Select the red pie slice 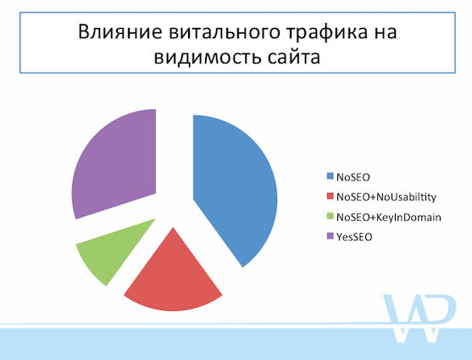[x=173, y=280]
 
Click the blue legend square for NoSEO [x=330, y=176]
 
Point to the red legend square [x=330, y=197]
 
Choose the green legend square [x=330, y=216]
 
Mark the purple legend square [x=330, y=236]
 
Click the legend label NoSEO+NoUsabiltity [x=386, y=197]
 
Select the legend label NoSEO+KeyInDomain [x=389, y=217]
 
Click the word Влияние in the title [x=120, y=31]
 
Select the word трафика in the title [x=327, y=32]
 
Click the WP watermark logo [x=419, y=318]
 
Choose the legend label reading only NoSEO [x=353, y=177]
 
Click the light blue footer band [x=236, y=343]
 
